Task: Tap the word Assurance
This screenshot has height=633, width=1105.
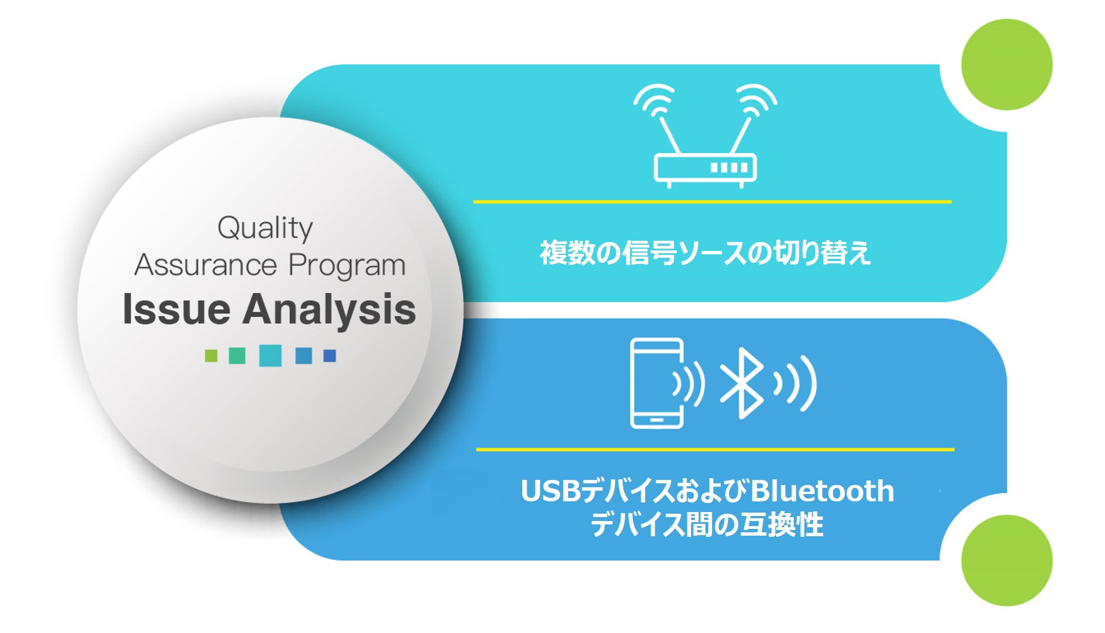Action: [205, 265]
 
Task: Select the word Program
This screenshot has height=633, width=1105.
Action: [347, 266]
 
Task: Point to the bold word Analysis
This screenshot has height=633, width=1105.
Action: [329, 311]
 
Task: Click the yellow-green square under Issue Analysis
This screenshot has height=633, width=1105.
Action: [211, 356]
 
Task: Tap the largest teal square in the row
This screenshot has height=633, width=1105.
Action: [270, 356]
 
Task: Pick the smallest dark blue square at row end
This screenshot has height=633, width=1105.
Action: [330, 356]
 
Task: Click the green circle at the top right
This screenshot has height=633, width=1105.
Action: [1007, 64]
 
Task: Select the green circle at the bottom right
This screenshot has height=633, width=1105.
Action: [1007, 560]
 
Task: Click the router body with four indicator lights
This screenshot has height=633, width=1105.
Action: [705, 168]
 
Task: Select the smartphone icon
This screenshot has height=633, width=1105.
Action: [657, 383]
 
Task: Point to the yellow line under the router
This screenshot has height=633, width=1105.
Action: [712, 201]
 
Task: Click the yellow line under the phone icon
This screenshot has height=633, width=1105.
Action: [715, 450]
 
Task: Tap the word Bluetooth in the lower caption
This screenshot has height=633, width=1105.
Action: [822, 491]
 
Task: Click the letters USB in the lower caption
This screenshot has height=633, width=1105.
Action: [550, 491]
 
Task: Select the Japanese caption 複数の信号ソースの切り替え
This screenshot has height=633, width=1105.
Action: [706, 253]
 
